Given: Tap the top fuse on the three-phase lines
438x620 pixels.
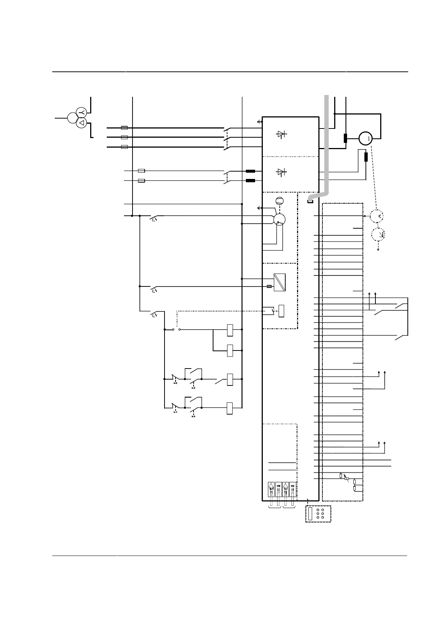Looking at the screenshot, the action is pos(124,128).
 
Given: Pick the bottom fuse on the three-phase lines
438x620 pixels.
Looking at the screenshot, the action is pos(124,147).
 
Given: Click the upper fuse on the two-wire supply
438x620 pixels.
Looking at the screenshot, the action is pos(141,171).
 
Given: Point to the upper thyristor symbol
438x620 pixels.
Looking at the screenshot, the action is pos(282,135).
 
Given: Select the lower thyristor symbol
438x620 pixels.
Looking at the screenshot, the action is pos(282,172).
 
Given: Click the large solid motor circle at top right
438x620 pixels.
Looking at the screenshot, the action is pos(365,138).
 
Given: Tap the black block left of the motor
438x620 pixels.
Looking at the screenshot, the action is pos(345,138).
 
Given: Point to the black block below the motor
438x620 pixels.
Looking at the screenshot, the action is pos(366,157).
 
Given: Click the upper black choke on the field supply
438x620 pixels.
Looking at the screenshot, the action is pos(250,171).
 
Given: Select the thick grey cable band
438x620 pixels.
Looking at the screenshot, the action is pos(326,147).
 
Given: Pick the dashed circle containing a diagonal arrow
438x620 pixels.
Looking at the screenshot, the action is pos(378,234).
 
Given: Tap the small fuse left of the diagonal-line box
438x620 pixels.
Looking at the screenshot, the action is pos(269,286).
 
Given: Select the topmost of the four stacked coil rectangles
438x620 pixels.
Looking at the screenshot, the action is pos(230,330).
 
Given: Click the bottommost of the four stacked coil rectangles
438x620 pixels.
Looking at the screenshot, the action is pos(230,408).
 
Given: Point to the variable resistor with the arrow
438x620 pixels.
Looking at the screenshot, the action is pos(346,478).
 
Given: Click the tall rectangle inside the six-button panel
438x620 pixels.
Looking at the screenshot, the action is pos(310,514).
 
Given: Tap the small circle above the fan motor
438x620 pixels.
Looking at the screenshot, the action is pos(279,201).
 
